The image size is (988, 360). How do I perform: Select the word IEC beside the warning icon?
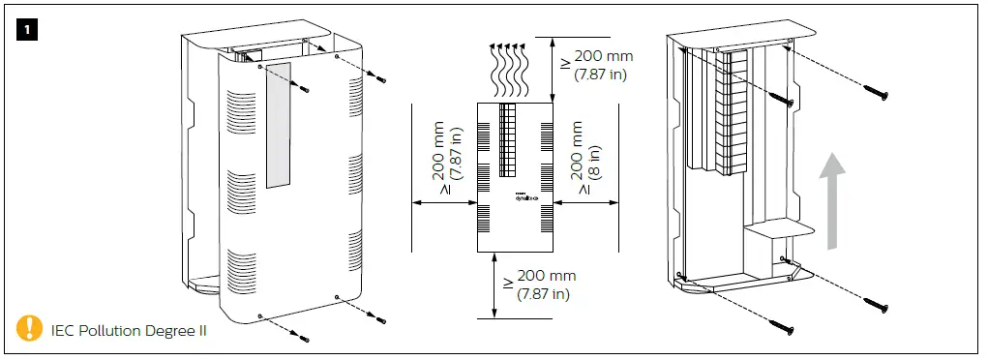(65, 331)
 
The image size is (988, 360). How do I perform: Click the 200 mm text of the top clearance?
(601, 57)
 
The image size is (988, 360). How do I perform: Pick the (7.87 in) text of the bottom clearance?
(544, 293)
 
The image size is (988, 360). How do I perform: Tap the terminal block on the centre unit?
(509, 139)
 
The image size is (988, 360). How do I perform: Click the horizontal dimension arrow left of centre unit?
(444, 202)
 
